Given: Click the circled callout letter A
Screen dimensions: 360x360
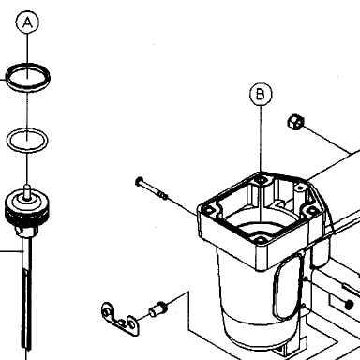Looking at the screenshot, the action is pos(27,22).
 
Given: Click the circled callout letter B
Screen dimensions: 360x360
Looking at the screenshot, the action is pos(261,94).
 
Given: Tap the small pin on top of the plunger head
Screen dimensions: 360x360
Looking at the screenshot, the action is pos(27,190).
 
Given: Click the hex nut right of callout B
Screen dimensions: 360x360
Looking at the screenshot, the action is pos(295,122).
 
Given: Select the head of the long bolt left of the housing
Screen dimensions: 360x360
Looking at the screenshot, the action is pos(139,181).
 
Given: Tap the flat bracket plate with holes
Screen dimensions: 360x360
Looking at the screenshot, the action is pos(120,319).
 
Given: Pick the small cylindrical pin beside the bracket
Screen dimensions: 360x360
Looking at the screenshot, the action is pos(157,309).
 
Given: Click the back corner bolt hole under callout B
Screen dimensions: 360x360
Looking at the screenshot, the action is pos(261,180).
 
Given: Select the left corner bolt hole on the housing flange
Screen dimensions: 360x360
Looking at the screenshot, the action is pos(207,210).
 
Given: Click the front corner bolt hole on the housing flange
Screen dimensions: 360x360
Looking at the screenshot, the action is pos(261,240).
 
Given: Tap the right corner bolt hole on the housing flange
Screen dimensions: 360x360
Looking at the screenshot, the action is pos(312,210).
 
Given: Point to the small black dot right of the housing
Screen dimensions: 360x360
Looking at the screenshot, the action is pos(350,304).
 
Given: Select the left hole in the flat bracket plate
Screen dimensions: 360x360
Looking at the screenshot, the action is pos(108,312).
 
